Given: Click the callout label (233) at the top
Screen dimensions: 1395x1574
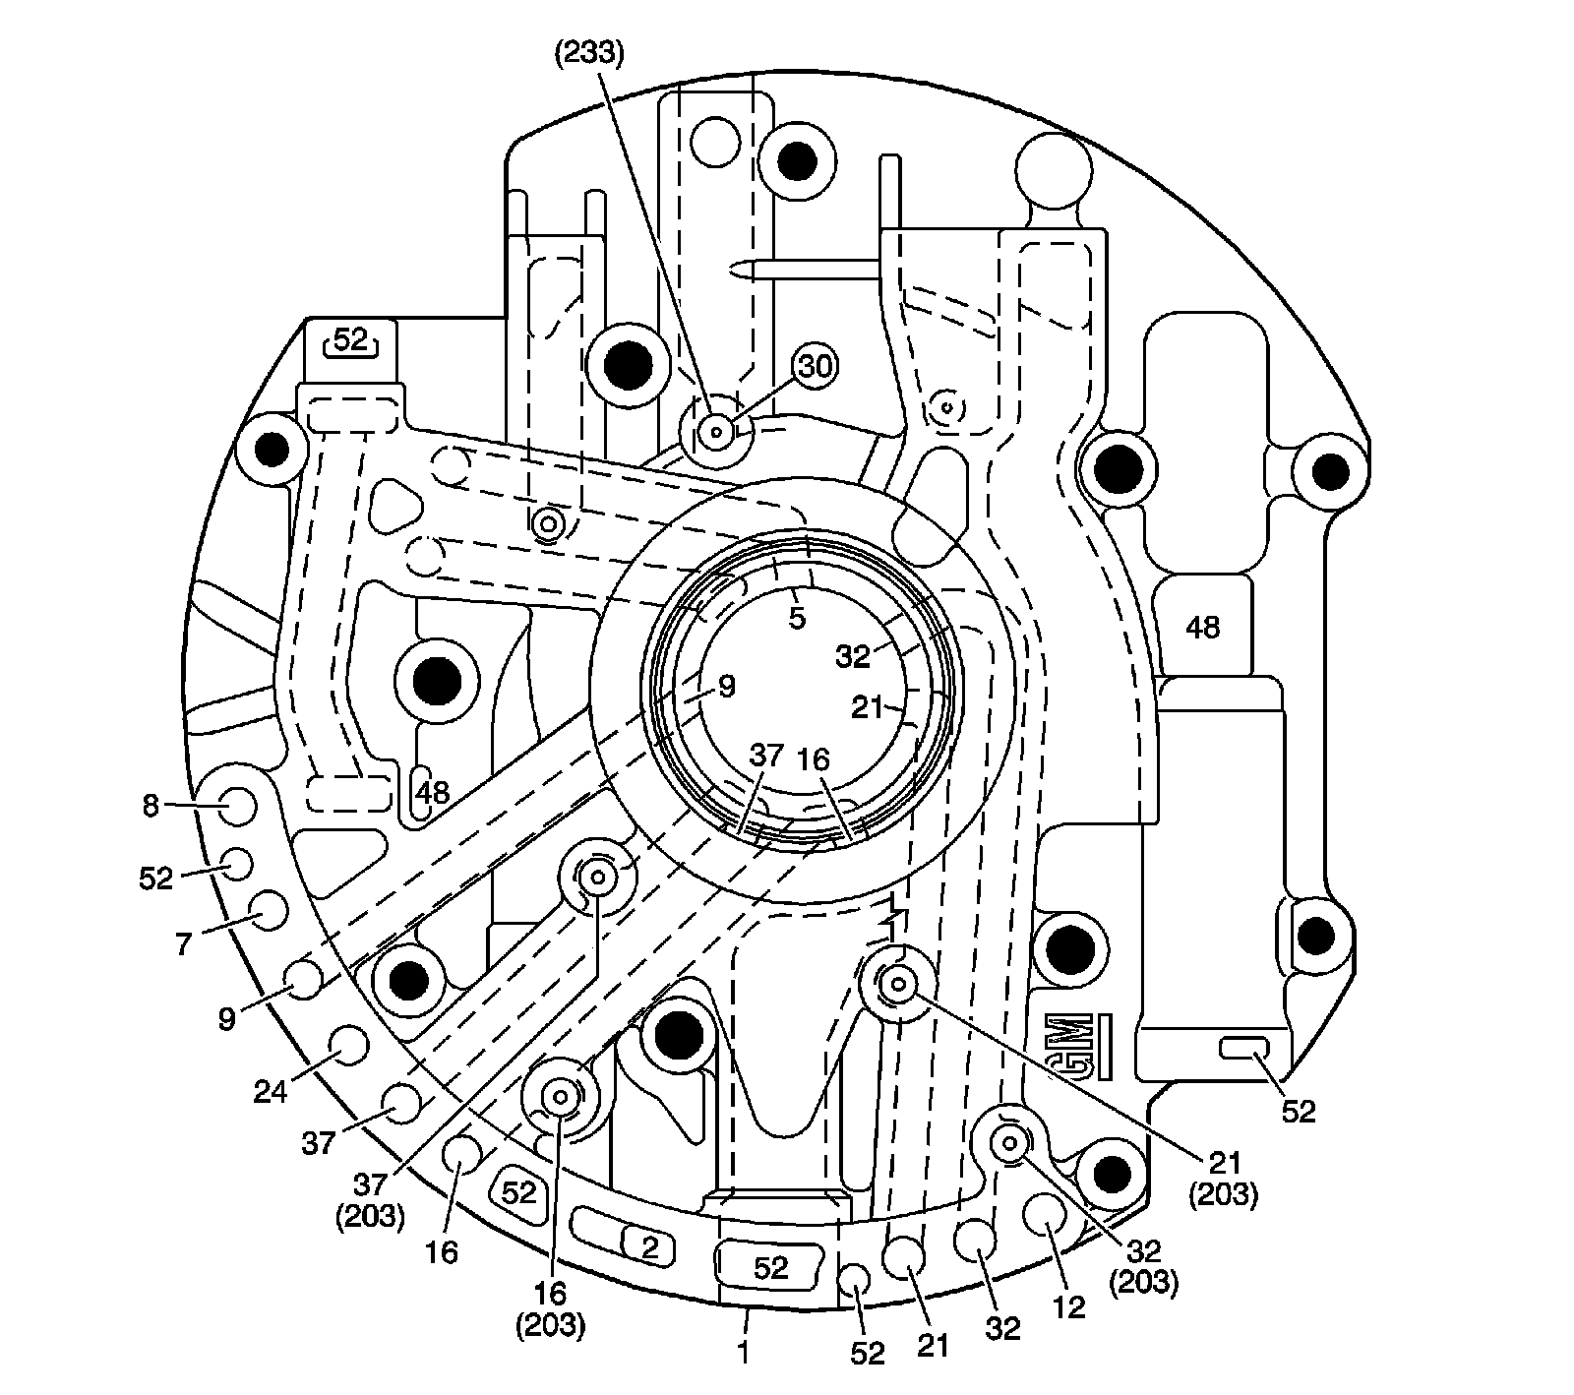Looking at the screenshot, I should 587,53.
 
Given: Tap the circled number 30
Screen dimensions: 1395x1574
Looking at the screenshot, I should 815,367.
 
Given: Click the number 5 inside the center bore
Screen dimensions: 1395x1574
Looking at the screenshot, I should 797,618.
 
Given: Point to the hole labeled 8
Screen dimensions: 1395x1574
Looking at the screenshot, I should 237,807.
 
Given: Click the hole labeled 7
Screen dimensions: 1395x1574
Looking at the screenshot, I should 268,910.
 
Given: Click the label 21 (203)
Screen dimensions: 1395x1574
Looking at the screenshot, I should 1224,1178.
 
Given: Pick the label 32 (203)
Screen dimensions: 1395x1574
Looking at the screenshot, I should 1145,1267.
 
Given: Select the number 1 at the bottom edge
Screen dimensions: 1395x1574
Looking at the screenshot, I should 744,1354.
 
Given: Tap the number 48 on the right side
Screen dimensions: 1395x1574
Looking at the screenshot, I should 1203,627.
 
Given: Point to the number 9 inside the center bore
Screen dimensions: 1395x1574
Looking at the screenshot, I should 726,686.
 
